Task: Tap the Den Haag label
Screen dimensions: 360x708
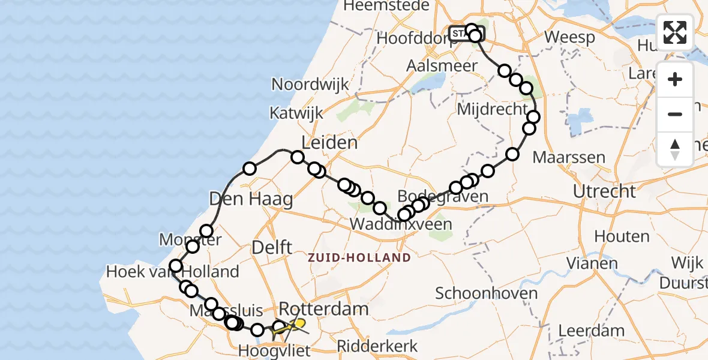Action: coord(251,199)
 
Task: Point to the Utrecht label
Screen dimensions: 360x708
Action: coord(604,191)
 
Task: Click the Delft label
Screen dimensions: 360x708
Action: coord(272,247)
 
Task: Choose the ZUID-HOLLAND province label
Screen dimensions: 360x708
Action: coord(359,258)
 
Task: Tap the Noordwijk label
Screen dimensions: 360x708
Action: coord(310,84)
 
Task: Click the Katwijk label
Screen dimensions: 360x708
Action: coord(296,113)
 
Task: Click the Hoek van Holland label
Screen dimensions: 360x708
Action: coord(172,272)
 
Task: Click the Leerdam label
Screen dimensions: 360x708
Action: coord(591,330)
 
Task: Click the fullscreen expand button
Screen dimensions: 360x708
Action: coord(675,32)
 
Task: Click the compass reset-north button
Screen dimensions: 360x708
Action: coord(675,149)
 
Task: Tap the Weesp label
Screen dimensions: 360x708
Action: coord(569,37)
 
